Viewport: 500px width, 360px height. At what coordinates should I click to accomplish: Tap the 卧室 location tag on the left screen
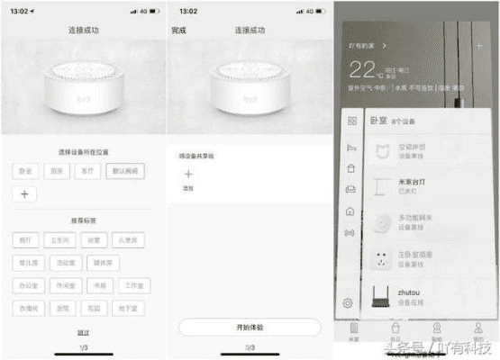point(26,171)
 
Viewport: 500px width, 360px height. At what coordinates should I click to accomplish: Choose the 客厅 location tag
point(87,171)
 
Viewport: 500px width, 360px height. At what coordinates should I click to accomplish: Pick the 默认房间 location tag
point(124,171)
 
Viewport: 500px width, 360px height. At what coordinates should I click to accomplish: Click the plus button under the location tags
point(25,193)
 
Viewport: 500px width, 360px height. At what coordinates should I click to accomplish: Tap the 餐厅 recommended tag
point(27,240)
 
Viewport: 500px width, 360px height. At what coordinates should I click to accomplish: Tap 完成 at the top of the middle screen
point(179,31)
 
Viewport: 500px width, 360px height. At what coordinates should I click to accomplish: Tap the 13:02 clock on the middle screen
point(188,11)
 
